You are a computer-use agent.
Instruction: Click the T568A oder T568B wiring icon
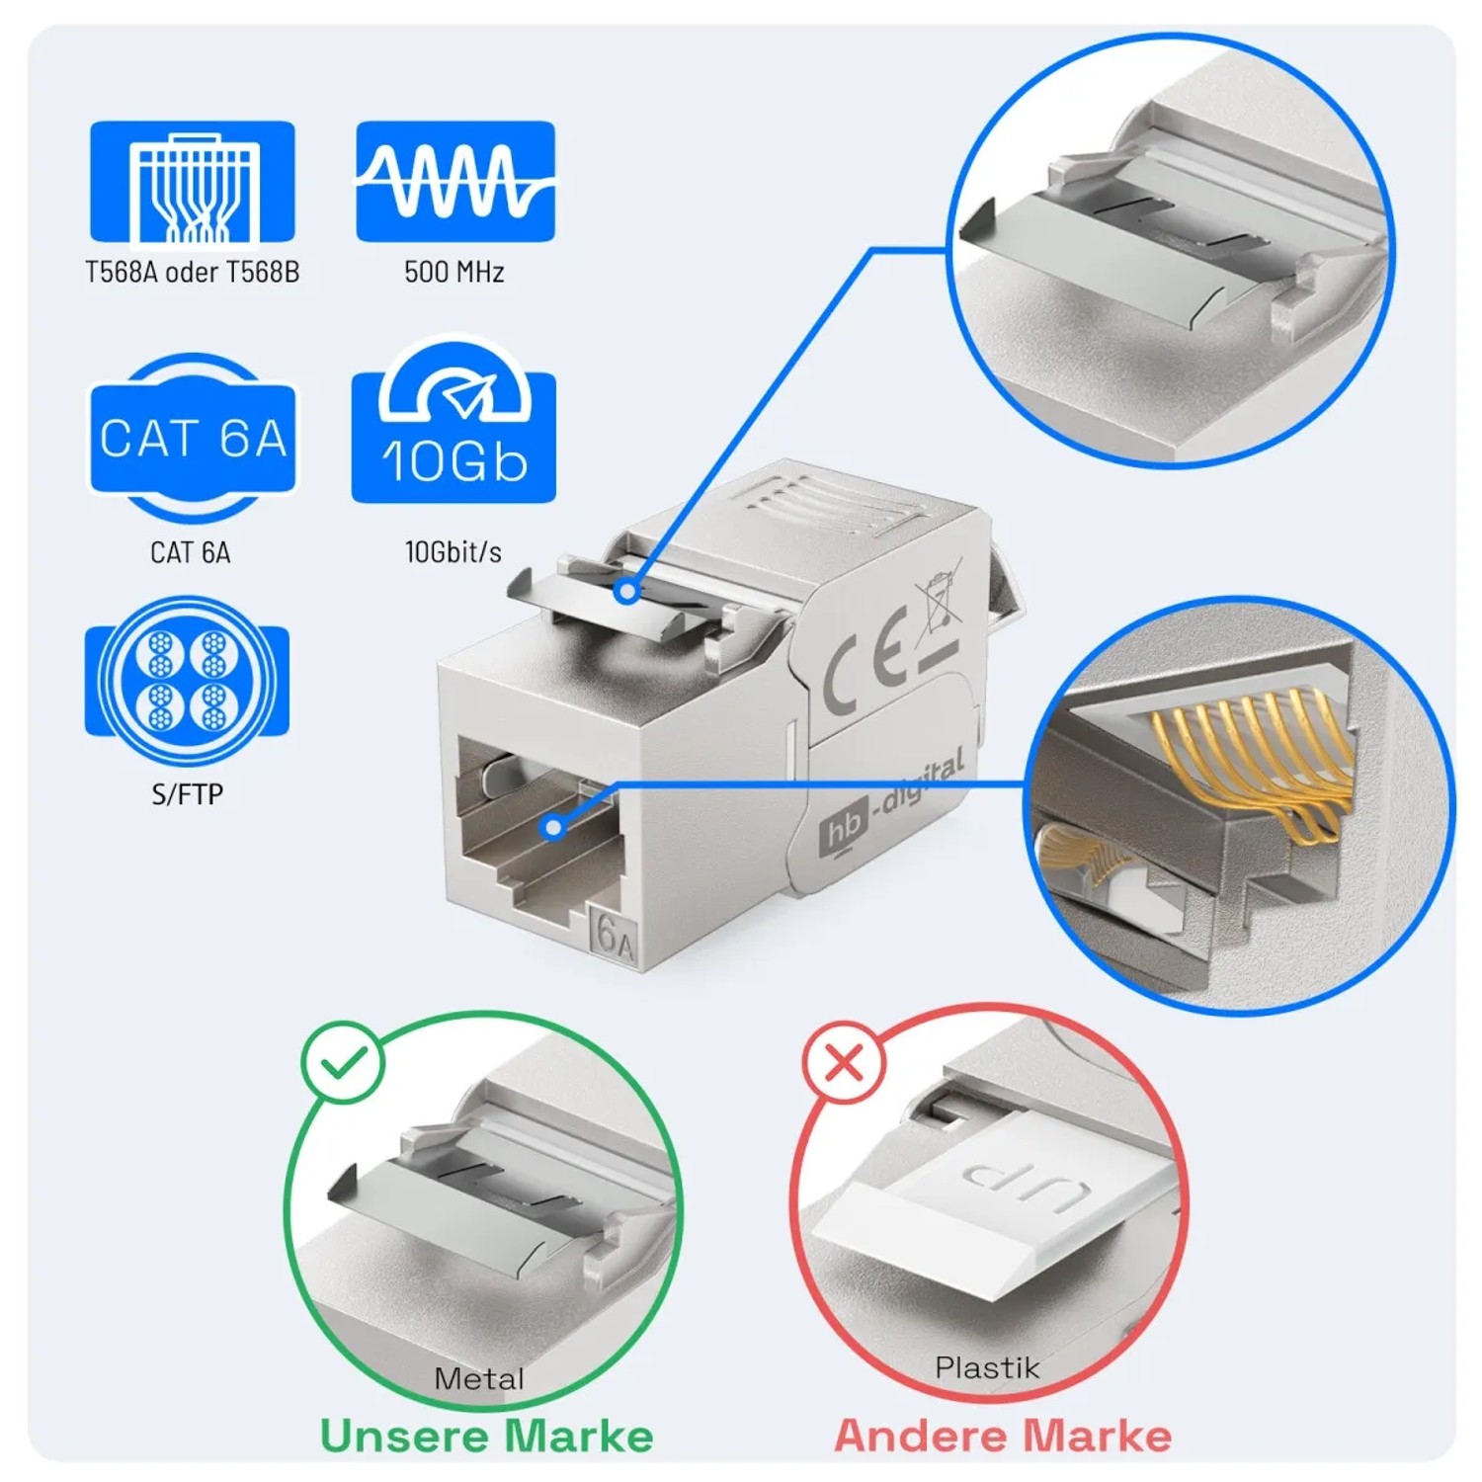pos(193,182)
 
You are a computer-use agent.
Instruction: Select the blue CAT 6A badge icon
pos(193,439)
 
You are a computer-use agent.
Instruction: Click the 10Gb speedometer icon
pos(454,426)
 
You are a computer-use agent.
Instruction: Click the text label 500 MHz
pos(454,272)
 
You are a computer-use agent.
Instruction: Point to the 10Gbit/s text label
pos(453,552)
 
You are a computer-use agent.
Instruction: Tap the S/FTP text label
pos(187,794)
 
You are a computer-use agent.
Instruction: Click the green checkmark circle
pos(343,1062)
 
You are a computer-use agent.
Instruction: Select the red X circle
pos(844,1063)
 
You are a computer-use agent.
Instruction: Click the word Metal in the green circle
pos(478,1379)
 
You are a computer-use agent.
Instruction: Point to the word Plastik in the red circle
pos(987,1368)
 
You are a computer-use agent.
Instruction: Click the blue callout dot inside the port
pos(555,828)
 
